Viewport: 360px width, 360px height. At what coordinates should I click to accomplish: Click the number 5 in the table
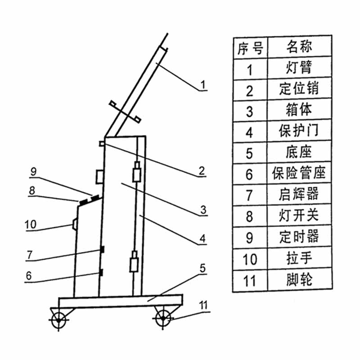(250, 153)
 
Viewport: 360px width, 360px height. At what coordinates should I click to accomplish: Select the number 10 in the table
(250, 260)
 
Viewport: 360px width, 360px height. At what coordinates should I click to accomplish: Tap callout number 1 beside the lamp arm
(203, 84)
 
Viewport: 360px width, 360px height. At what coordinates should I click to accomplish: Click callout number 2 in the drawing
(202, 171)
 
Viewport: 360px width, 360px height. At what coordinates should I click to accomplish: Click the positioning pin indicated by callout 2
(102, 144)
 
